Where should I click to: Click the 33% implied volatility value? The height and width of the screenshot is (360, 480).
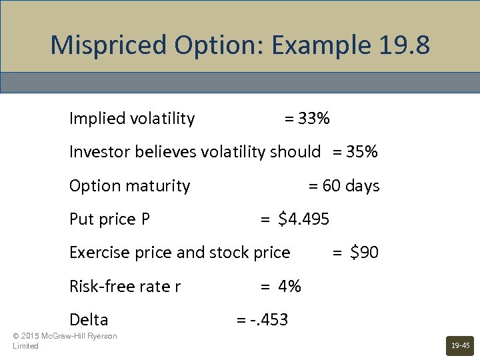(314, 119)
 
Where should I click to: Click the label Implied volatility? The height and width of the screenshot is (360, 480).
(132, 119)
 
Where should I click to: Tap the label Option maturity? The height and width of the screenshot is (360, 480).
(130, 186)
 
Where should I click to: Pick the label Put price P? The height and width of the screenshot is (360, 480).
(110, 219)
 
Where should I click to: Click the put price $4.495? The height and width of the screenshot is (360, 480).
(303, 219)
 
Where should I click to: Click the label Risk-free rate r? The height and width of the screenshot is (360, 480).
(125, 287)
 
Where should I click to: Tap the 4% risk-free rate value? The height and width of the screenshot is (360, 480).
(290, 287)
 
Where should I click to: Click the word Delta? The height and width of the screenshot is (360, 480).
(89, 320)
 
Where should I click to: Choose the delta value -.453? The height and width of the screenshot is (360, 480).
(269, 320)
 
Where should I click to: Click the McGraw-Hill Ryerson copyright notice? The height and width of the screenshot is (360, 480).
(65, 341)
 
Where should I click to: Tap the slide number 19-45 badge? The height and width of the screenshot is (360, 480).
(460, 345)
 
